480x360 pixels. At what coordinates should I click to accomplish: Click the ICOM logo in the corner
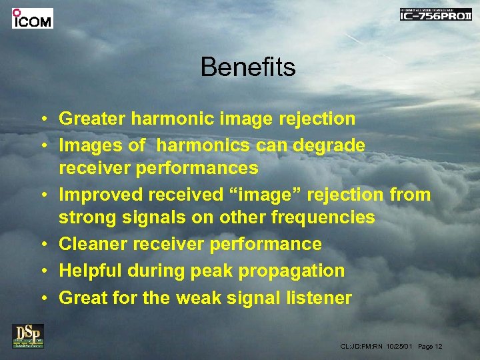tap(32, 18)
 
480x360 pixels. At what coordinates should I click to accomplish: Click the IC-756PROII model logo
tap(435, 15)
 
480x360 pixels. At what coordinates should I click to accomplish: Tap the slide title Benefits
tap(247, 67)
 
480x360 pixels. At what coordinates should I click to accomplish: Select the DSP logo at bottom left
tap(28, 335)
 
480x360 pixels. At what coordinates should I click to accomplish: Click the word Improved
tap(100, 195)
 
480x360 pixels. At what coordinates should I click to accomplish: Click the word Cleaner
tap(93, 244)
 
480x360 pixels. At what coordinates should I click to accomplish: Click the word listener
tap(319, 297)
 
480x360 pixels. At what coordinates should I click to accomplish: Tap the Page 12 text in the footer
tap(430, 346)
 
